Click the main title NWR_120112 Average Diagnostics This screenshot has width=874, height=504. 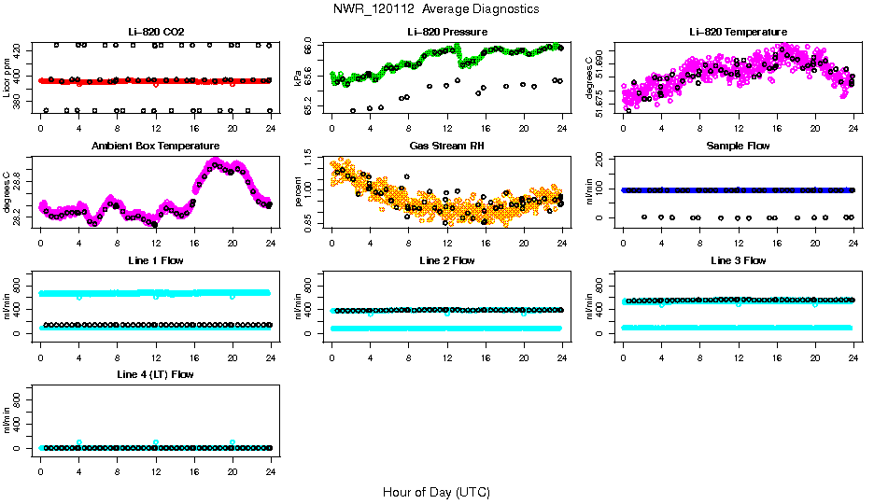[435, 9]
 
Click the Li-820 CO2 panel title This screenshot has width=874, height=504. [156, 32]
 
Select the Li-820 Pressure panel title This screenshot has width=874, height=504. [447, 32]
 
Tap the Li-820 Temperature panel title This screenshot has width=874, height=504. [738, 32]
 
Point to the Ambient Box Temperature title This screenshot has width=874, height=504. [156, 147]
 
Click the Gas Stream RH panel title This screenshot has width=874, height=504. [447, 147]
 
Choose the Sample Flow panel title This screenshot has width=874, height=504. [738, 147]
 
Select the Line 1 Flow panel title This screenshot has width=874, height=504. [156, 260]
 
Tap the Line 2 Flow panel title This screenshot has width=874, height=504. [447, 260]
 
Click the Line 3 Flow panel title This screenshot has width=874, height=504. [738, 260]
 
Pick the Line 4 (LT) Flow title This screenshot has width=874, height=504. [156, 375]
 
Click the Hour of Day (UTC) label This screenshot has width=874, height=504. [436, 492]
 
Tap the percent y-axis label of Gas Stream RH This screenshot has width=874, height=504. [299, 192]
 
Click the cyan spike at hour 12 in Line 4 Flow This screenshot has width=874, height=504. [156, 442]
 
